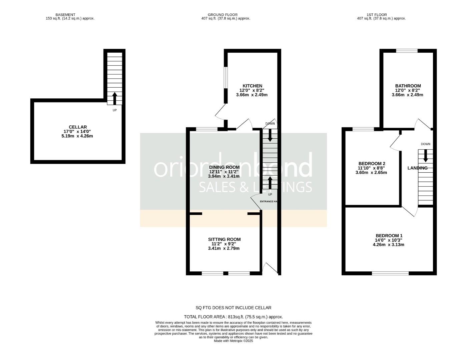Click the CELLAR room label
[77, 127]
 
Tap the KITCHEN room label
[252, 86]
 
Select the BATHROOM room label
[408, 86]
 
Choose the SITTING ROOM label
[224, 239]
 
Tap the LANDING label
[417, 168]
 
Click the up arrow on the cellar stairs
[114, 98]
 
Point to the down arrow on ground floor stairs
[270, 134]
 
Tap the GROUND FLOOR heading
[222, 15]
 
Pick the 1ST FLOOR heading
[377, 15]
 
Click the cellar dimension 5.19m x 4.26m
[77, 136]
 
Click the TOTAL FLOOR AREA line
[233, 317]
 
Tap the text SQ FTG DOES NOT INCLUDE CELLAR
[233, 308]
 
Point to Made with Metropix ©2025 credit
[233, 341]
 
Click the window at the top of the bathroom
[407, 51]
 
